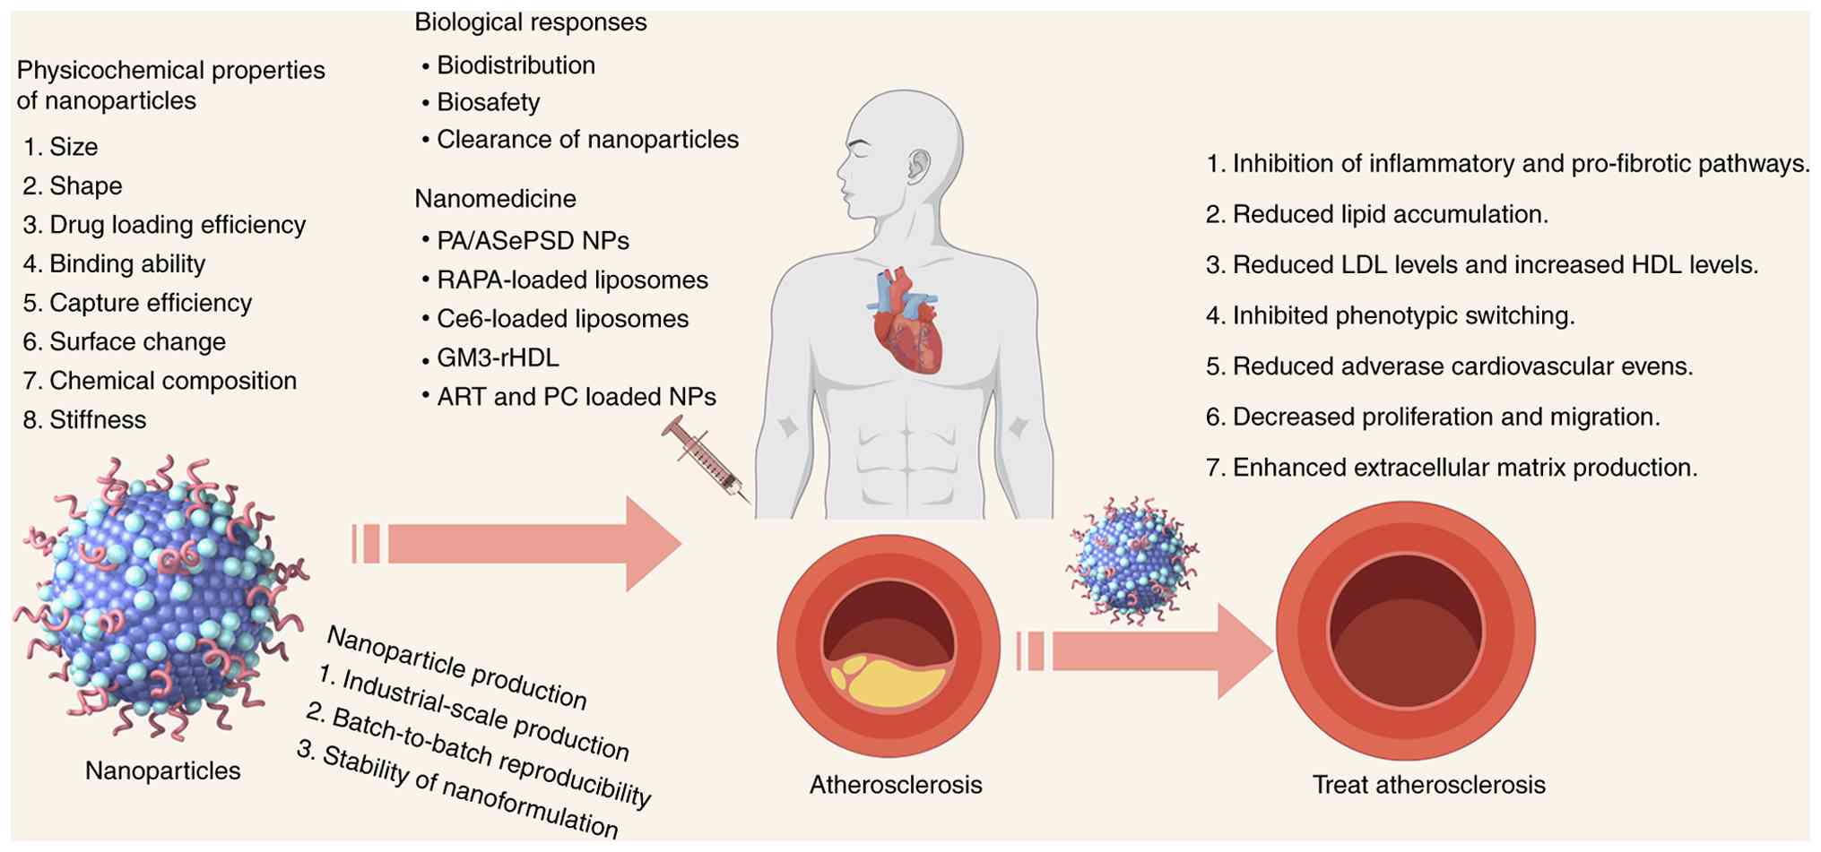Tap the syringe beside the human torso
click(x=707, y=458)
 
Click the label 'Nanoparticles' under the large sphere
click(x=162, y=770)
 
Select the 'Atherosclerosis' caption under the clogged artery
click(x=895, y=785)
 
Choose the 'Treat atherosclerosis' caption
click(x=1428, y=785)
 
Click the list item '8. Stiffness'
click(x=85, y=419)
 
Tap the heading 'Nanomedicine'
click(x=495, y=198)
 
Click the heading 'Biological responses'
click(x=530, y=22)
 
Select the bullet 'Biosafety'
click(x=488, y=102)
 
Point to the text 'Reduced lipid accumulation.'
click(x=1389, y=214)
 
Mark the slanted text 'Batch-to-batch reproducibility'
click(x=480, y=755)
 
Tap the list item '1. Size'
click(x=61, y=147)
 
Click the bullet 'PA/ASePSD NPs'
click(x=533, y=240)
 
